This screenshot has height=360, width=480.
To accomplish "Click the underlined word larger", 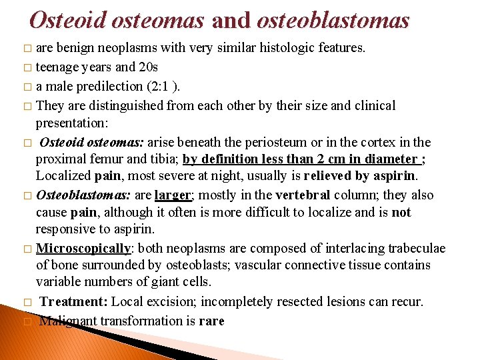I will [x=171, y=195].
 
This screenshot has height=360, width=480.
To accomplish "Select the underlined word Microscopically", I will [x=83, y=248].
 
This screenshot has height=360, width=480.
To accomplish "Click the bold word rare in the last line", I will [x=211, y=321].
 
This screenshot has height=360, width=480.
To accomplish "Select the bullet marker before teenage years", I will [x=27, y=68].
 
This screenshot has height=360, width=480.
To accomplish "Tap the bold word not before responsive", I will [x=402, y=213].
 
